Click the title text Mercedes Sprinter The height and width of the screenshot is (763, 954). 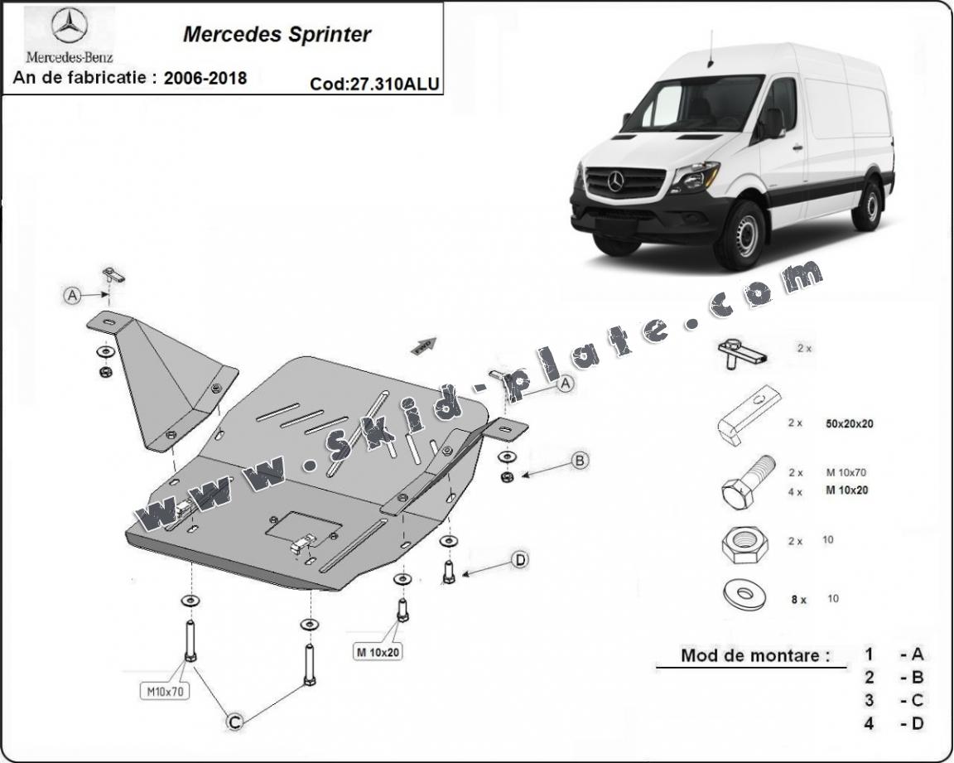click(277, 35)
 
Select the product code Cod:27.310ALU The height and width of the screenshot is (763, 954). click(375, 83)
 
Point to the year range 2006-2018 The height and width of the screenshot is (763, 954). click(205, 79)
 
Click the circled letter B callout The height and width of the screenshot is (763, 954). click(580, 460)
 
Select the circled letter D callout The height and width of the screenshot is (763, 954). click(520, 561)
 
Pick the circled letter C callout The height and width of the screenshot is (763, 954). click(235, 722)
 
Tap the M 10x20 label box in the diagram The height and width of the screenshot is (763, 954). click(378, 652)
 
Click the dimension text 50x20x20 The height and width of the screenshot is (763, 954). click(850, 423)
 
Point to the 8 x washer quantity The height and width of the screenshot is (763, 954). click(798, 599)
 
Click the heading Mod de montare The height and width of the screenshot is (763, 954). click(754, 655)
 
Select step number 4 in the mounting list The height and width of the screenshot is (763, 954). click(869, 723)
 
